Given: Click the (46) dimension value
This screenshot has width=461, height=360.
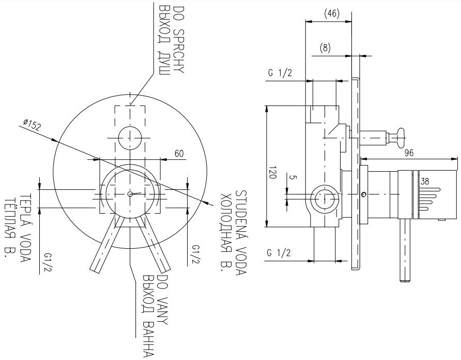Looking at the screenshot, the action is coord(332,13).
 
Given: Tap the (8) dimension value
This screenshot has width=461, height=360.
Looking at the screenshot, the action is coord(325,48).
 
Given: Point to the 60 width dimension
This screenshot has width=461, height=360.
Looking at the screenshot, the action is coord(179,153).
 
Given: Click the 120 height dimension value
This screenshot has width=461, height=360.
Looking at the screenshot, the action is coord(272,172).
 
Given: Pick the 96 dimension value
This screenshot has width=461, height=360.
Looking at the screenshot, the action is coord(409,153).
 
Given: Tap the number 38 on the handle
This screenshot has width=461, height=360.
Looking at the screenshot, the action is coord(424,182).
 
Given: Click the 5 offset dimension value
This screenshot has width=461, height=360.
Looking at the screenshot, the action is coord(293,177).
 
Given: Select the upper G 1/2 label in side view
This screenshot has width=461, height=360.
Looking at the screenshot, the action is coord(280,73).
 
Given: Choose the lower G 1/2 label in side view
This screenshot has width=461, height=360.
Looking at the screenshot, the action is coord(279,252).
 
